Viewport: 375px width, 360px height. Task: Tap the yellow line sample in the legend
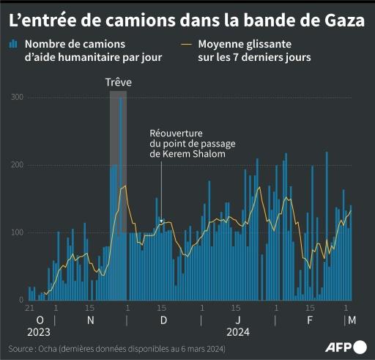pos(184,45)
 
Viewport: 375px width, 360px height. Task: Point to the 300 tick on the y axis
pos(17,98)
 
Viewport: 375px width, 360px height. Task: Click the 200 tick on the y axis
pos(17,165)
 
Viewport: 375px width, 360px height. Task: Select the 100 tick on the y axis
pos(17,232)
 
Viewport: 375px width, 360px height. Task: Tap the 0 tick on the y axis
pos(21,300)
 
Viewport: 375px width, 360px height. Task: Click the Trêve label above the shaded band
pos(118,82)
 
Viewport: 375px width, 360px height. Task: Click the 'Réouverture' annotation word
pos(177,133)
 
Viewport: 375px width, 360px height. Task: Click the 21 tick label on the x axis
pos(30,309)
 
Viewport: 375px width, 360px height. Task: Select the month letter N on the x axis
pos(90,320)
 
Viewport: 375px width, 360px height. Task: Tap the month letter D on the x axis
pos(163,320)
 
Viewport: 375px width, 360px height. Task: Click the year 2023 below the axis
pos(39,332)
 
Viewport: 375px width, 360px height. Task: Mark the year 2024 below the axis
pos(239,332)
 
